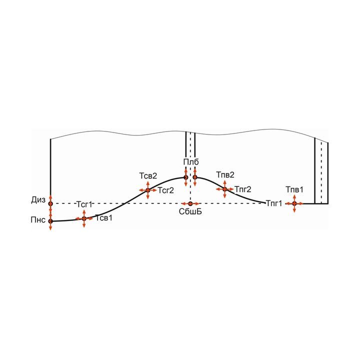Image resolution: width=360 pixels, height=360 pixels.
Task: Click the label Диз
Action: click(38, 200)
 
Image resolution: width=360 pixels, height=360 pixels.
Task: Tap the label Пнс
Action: click(38, 219)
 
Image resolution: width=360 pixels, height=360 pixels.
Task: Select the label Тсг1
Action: click(84, 204)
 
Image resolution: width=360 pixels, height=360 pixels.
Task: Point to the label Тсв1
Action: click(104, 218)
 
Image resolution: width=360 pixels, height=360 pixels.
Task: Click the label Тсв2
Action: click(148, 176)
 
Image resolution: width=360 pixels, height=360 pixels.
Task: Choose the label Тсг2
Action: click(165, 190)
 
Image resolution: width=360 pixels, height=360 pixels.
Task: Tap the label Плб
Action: click(191, 162)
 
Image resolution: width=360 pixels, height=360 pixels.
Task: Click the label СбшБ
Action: click(190, 211)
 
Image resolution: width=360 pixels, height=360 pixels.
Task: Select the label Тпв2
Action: click(225, 175)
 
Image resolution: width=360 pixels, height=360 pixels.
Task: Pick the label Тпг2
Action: click(243, 189)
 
